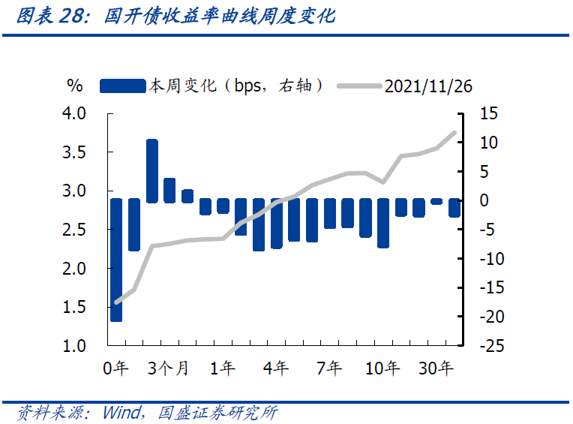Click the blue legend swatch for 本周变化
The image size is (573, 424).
pos(122,86)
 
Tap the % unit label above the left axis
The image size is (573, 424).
pos(74,86)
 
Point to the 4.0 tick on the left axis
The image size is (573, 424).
pos(77,113)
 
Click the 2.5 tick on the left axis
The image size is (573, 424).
pos(77,230)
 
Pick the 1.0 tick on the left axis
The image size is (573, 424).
pos(77,346)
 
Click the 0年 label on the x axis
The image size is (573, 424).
pos(116,368)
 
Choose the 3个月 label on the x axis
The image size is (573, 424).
pos(168,368)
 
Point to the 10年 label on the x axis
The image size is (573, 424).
pos(382,368)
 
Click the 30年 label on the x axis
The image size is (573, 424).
pos(436,368)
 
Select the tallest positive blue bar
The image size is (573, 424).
pos(151,170)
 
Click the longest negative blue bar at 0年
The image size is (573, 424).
pos(116,260)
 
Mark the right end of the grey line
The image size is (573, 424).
pos(454,132)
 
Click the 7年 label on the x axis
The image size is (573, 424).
pos(329,368)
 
